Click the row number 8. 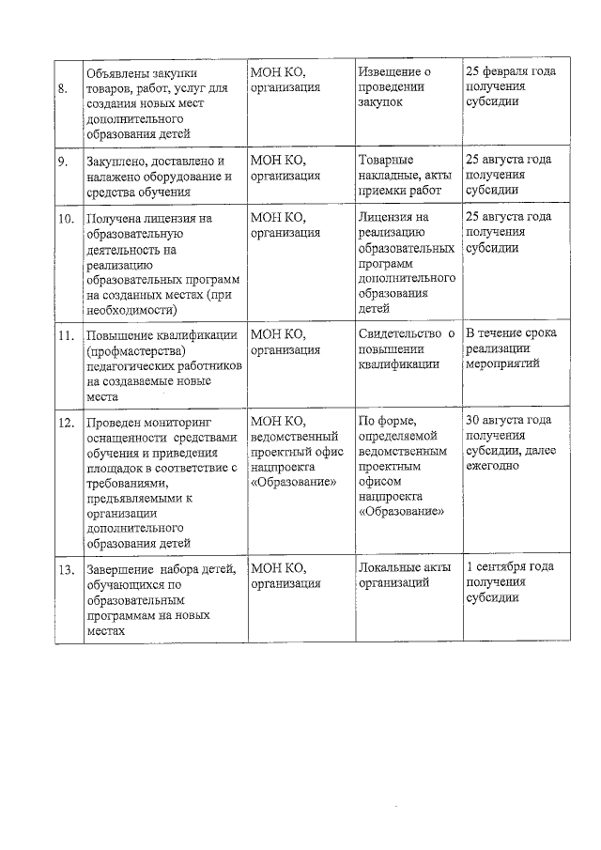point(62,88)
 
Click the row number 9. point(62,162)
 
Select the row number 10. point(66,219)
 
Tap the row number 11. point(66,335)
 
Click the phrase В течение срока point(511,334)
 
